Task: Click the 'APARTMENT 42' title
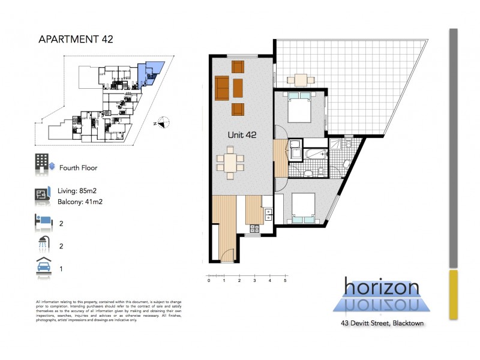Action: pos(76,40)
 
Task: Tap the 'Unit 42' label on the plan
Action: pos(242,135)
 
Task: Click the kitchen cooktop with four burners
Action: pos(254,228)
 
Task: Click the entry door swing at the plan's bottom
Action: pos(226,255)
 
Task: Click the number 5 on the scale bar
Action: pos(285,280)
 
